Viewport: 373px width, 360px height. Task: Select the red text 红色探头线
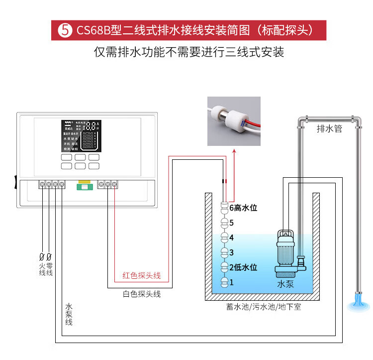(x=142, y=275)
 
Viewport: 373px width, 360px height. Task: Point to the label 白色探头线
(x=142, y=294)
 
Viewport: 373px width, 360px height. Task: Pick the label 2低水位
(x=243, y=267)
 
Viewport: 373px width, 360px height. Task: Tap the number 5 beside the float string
(x=231, y=223)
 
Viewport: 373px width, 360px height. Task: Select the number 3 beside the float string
(x=231, y=252)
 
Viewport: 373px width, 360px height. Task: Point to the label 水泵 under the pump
(x=285, y=284)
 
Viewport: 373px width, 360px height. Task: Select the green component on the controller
(x=83, y=187)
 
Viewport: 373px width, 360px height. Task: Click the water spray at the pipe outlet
(x=358, y=303)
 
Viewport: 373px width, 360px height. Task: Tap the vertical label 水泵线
(x=68, y=314)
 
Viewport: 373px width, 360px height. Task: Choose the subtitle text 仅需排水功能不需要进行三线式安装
(x=188, y=52)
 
